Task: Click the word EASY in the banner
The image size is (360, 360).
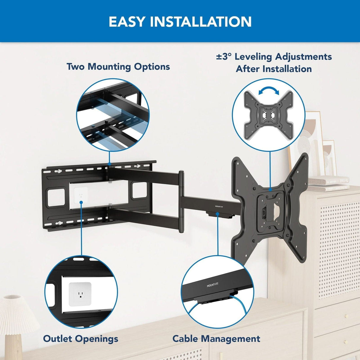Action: point(127,22)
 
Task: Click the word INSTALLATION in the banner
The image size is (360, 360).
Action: point(201,22)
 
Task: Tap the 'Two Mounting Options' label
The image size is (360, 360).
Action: point(118,67)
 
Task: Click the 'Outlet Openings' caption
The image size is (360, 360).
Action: point(80,339)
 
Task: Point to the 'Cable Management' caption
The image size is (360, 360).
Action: point(216,339)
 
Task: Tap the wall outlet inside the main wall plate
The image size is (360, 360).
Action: point(81,194)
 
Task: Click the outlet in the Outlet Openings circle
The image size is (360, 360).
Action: point(80,294)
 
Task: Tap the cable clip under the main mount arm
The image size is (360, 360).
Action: point(218,214)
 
